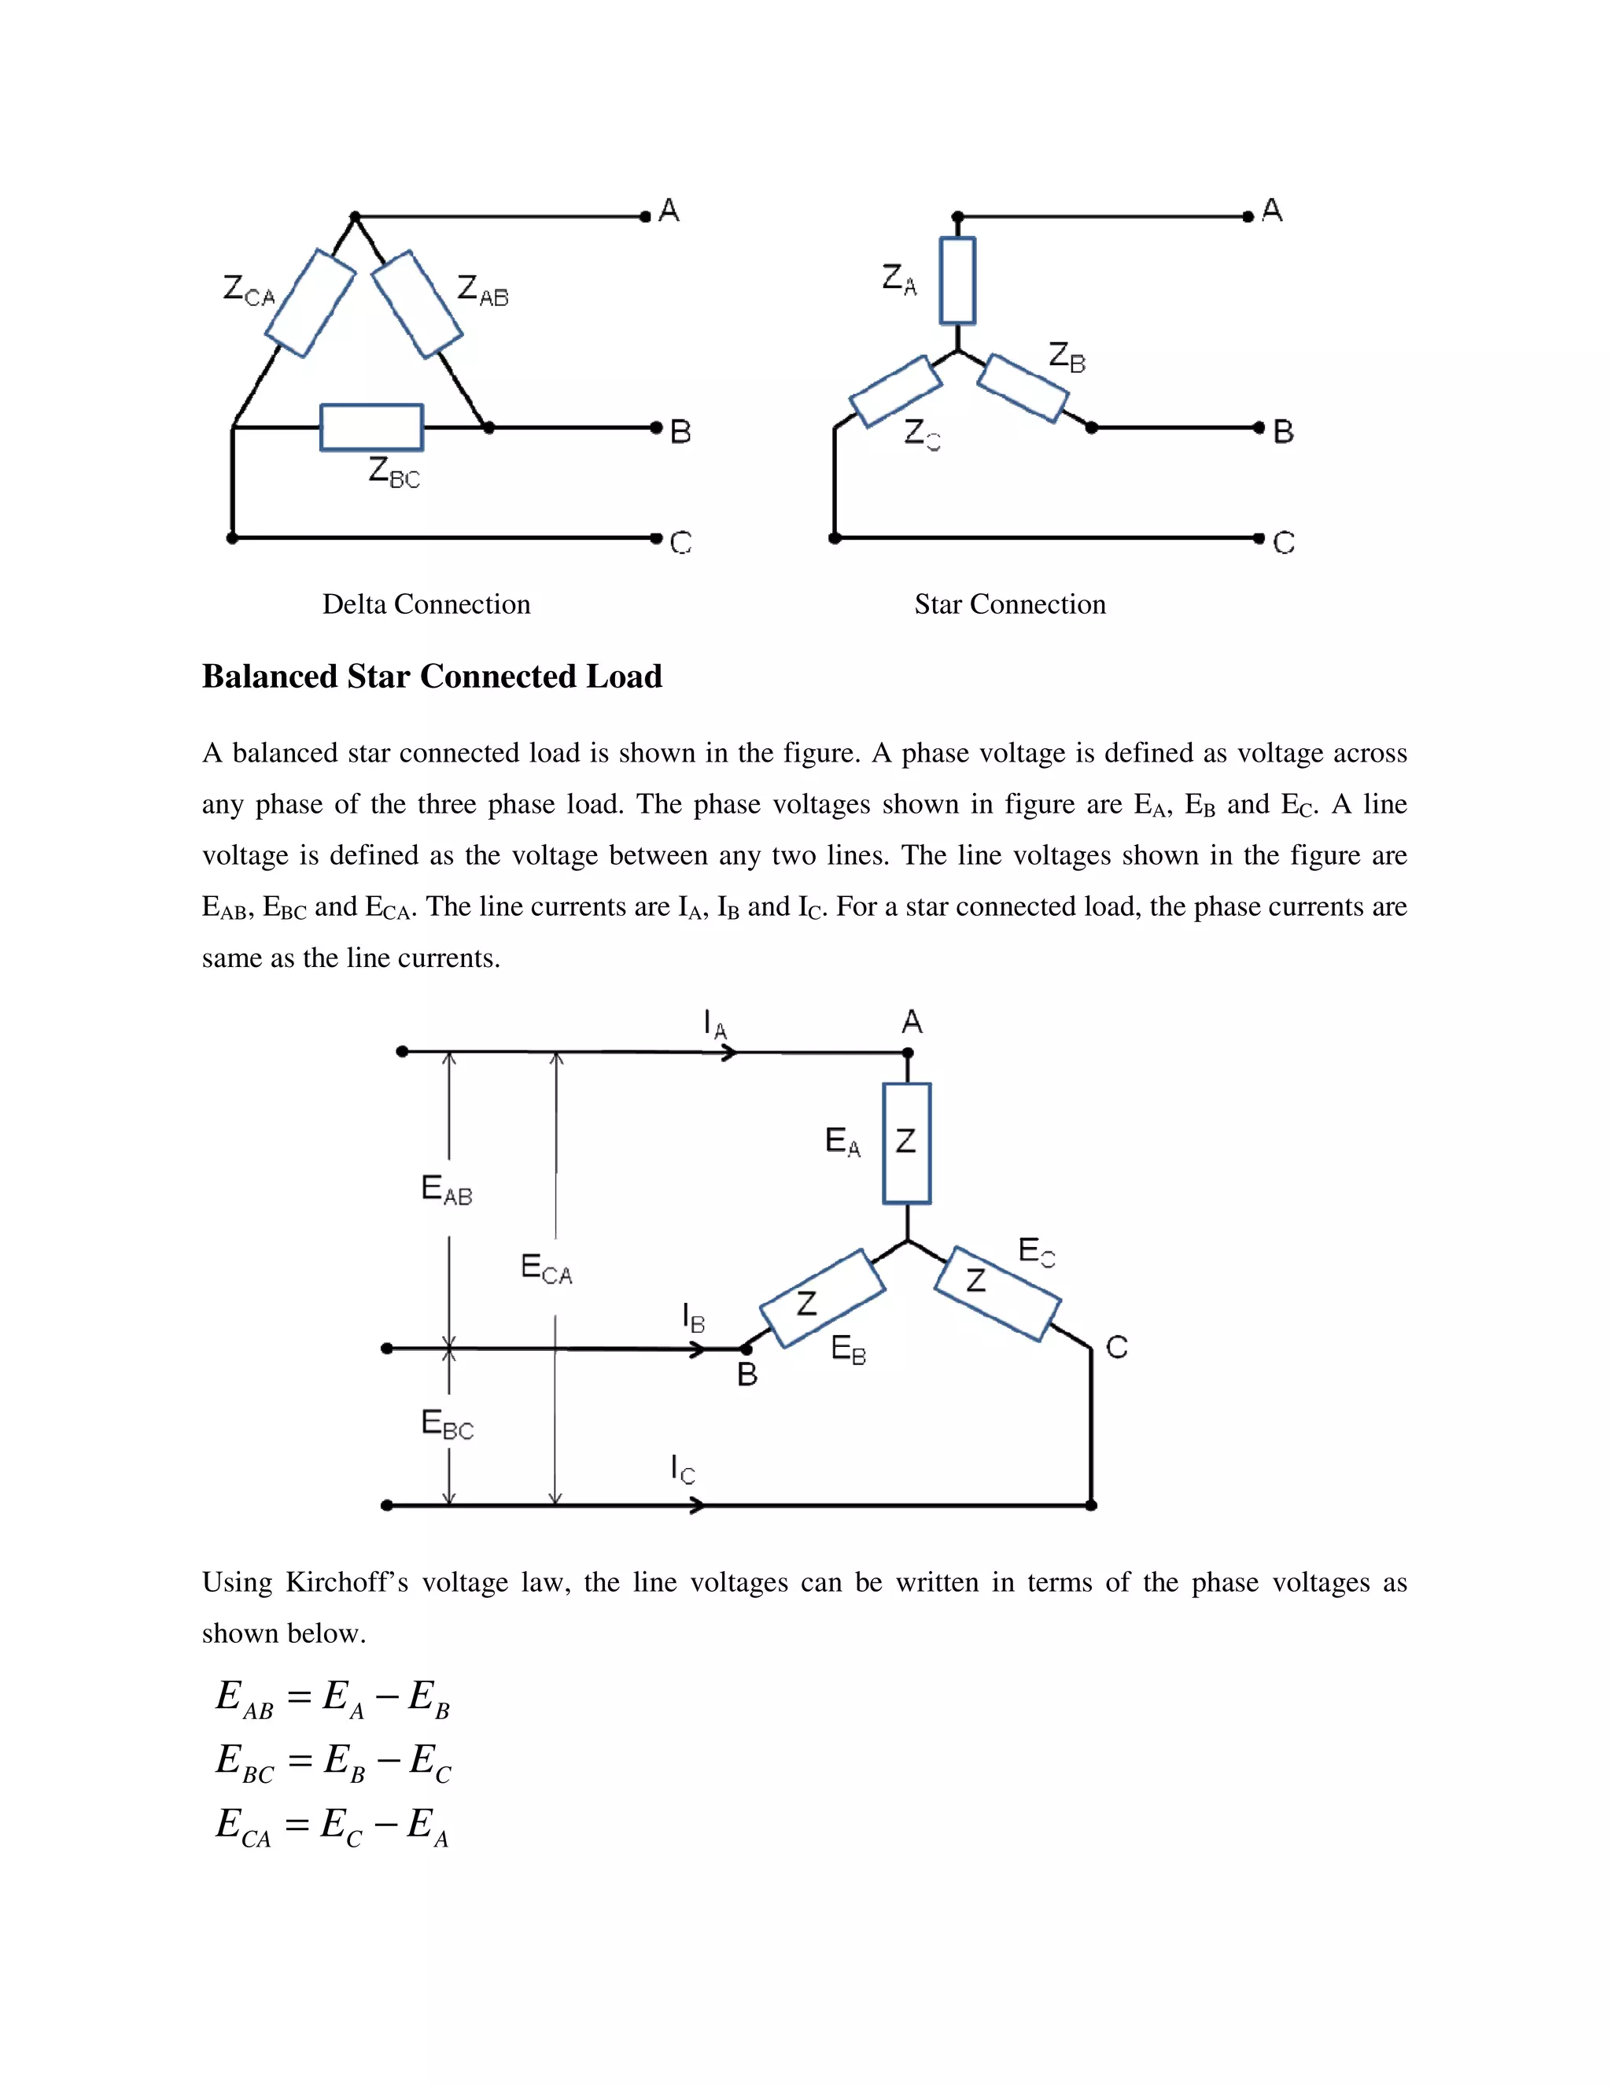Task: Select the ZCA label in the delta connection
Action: tap(248, 290)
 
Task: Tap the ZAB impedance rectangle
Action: tap(416, 304)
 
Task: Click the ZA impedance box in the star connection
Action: tap(957, 281)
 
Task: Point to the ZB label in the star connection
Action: tap(1067, 357)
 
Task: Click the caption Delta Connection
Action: tap(426, 604)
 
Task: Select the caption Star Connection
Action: tap(1010, 604)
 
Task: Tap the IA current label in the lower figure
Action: tap(715, 1024)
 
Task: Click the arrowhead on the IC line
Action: tap(698, 1505)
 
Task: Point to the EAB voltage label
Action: tap(447, 1190)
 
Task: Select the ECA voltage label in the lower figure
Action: tap(546, 1269)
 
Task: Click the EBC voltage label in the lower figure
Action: tap(447, 1423)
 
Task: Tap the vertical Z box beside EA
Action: tap(907, 1142)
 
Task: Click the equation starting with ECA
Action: tap(332, 1825)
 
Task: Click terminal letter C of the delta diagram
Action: tap(680, 542)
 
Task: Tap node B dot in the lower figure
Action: tap(747, 1349)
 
